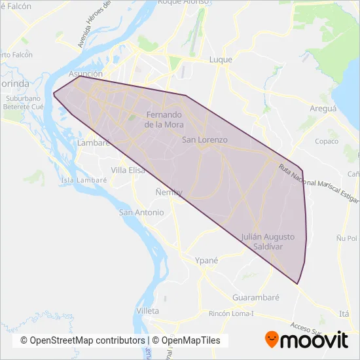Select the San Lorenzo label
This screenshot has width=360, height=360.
pos(204,140)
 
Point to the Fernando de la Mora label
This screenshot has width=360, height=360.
pos(164,118)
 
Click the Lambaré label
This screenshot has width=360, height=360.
pos(90,143)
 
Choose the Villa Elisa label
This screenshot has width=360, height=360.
pos(128,170)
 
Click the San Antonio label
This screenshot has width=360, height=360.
pos(141,213)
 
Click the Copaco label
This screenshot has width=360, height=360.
pos(327,141)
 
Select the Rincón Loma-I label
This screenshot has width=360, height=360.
pos(231,314)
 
